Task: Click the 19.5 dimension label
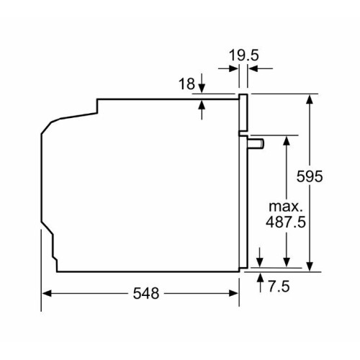(x=244, y=55)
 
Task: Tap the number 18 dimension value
(x=186, y=84)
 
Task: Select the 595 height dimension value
(x=310, y=176)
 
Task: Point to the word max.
(x=285, y=207)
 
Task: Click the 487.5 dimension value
(x=286, y=222)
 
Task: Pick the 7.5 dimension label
(x=279, y=287)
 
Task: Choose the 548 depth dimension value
(x=146, y=293)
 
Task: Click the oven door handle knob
(x=256, y=144)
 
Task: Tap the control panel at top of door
(x=243, y=112)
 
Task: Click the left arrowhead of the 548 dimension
(x=47, y=293)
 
